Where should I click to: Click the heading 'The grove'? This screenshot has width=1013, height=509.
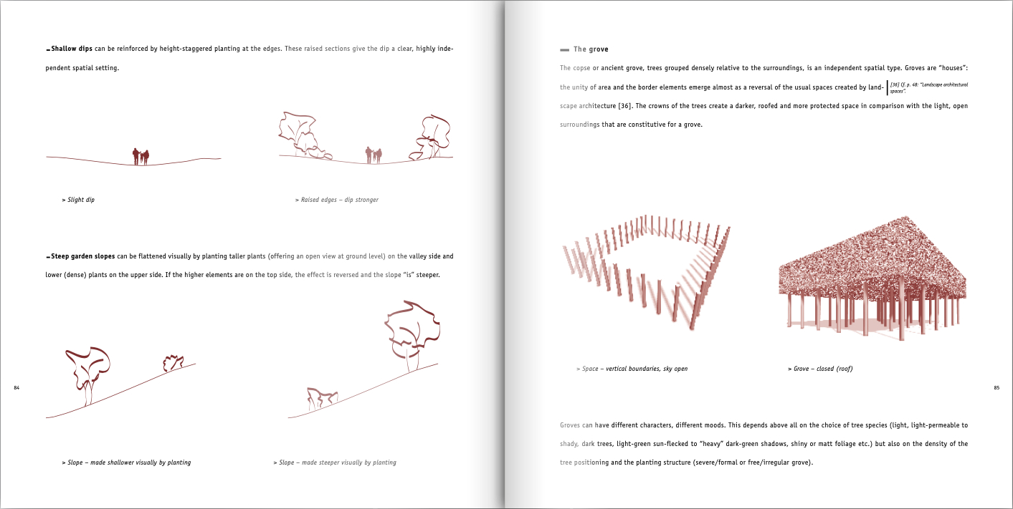pos(591,49)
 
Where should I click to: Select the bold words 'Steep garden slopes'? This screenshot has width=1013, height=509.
pos(82,256)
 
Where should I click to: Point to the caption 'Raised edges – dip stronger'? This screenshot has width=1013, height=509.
pos(337,200)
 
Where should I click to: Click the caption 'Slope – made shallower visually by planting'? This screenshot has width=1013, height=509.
pos(127,462)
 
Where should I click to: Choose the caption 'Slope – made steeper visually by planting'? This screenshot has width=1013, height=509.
pos(335,462)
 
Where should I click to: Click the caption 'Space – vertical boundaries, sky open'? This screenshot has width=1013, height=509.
pos(632,369)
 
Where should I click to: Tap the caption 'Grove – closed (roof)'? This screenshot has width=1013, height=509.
pos(820,369)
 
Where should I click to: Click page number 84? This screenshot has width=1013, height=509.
pos(17,387)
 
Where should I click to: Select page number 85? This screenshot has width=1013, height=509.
pos(996,387)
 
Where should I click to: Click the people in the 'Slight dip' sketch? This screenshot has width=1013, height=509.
pos(141,156)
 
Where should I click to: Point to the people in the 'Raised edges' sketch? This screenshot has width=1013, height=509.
pos(374,155)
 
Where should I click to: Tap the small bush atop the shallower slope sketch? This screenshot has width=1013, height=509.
pos(173,363)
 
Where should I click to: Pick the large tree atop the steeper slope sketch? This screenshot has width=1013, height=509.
pos(412,332)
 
